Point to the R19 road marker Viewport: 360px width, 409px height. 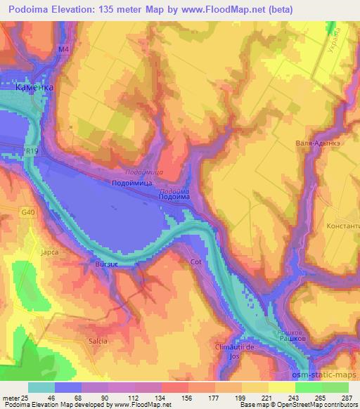(30, 150)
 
